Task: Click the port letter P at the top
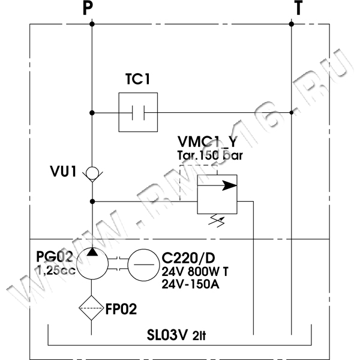(89, 8)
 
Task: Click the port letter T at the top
(298, 8)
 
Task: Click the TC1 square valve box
(138, 112)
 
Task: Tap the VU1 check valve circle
(92, 173)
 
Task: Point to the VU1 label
(63, 173)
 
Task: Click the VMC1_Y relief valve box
(217, 193)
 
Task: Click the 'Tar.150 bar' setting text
(206, 155)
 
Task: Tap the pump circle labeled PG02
(92, 262)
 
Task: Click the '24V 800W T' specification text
(195, 271)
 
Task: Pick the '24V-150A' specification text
(191, 284)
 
